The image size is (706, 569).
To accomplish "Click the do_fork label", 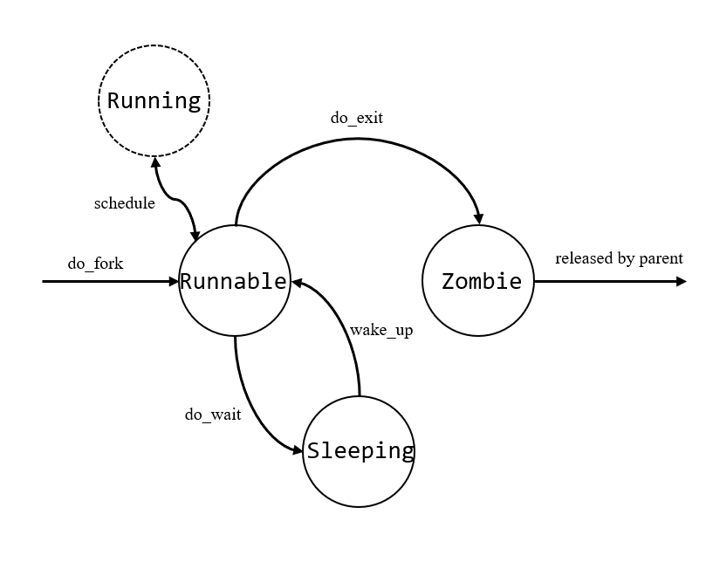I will pos(95,263).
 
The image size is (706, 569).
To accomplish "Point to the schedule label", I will pos(124,203).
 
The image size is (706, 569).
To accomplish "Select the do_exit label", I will pos(356,118).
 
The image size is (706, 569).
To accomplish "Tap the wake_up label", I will pos(380,330).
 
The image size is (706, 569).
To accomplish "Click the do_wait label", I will pos(212,414).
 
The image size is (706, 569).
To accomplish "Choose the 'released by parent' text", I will pos(618,258).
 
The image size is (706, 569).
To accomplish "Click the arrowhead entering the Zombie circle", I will pos(478,218).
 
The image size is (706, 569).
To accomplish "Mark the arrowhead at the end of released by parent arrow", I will pos(681,281).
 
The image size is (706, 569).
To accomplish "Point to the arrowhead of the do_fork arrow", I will pos(173,281).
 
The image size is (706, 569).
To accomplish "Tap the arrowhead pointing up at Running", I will pos(155,163).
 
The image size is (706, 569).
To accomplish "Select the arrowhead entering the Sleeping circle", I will pos(298,450).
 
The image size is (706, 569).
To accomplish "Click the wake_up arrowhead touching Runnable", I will pos(298,283).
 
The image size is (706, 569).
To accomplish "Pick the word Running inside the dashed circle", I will pos(154,101).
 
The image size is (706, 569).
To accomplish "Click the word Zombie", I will pos(481,281).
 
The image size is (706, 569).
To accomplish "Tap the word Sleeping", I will pos(360,450).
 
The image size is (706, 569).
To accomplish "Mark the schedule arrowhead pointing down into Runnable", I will pos(195,234).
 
